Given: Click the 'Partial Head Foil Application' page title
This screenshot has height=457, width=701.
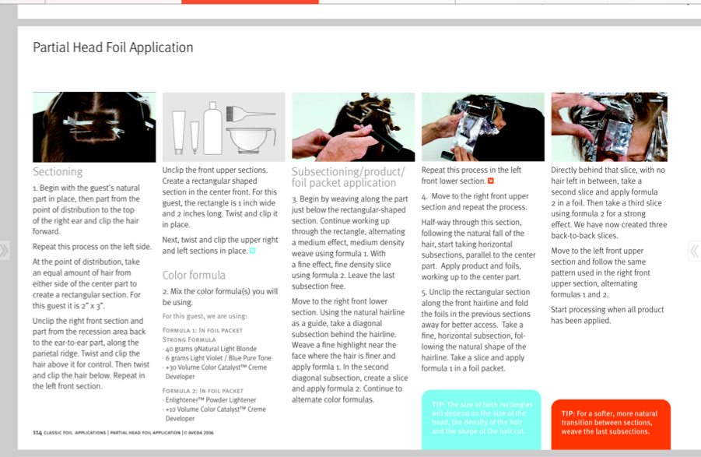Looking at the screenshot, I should click(x=113, y=47).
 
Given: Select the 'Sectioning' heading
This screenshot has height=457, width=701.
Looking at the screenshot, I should click(x=58, y=171).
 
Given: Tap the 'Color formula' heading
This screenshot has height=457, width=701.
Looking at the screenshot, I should click(x=194, y=275).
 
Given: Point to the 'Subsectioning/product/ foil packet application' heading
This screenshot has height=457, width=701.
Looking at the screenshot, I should click(x=348, y=177).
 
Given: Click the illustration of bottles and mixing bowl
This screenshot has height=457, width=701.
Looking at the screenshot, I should click(x=223, y=127).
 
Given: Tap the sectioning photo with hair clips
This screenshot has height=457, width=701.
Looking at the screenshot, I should click(x=93, y=127).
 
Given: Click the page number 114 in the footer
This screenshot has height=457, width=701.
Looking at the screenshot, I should click(x=37, y=432).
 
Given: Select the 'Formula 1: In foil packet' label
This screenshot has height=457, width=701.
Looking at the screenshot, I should click(x=203, y=330).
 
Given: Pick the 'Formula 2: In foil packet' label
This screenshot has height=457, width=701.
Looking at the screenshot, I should click(x=203, y=390).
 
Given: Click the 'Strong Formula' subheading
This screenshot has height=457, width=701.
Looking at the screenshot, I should click(x=189, y=339).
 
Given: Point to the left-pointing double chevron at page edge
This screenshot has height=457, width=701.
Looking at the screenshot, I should click(x=694, y=251).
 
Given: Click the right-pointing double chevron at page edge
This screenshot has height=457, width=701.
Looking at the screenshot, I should click(x=5, y=251).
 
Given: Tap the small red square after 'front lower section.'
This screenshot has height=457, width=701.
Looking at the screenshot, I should click(x=491, y=181).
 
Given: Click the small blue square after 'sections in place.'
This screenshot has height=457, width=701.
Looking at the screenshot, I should click(x=252, y=251).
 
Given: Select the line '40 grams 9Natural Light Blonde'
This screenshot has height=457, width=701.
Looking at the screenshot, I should click(x=210, y=349).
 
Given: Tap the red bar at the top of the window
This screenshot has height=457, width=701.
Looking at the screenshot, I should click(x=250, y=2).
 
